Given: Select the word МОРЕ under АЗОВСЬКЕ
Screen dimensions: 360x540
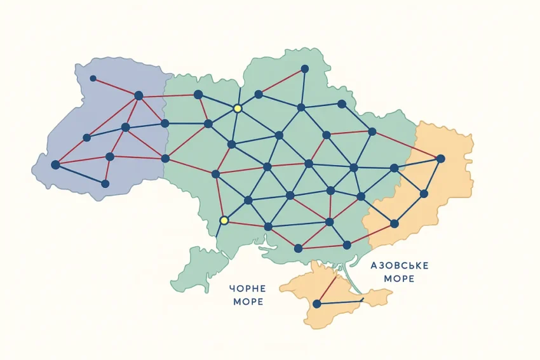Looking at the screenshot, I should tap(400, 279).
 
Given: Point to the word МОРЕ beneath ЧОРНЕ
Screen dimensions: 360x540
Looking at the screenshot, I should tap(248, 302).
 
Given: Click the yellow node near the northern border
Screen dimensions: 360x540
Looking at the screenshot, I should tap(238, 109).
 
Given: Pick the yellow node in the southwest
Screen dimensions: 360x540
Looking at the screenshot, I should tap(224, 220).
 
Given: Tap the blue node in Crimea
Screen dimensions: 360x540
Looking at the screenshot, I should tap(316, 304).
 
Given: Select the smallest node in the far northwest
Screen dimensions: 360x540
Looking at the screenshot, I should tap(93, 79).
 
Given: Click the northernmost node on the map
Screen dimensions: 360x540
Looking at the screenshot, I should tap(305, 69).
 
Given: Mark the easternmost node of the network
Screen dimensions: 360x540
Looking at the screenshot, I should tap(440, 158).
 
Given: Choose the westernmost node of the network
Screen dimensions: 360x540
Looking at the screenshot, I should tap(55, 164).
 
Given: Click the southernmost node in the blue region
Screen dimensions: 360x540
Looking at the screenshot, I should tap(105, 183).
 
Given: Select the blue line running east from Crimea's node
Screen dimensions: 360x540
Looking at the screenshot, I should tap(340, 302).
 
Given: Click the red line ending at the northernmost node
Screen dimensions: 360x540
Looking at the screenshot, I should tap(281, 81).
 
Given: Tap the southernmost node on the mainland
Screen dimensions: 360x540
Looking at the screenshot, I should tap(298, 248).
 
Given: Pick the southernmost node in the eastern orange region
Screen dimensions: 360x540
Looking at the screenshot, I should tap(394, 223).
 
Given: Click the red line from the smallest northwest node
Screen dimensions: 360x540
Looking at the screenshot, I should tap(115, 87).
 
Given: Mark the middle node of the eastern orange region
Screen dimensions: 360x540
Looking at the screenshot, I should tap(424, 194).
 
